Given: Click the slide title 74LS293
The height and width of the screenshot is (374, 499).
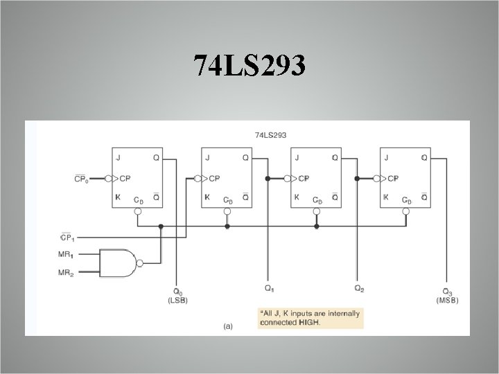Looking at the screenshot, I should pyautogui.click(x=249, y=68).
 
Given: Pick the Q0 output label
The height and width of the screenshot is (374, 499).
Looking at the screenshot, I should pyautogui.click(x=177, y=292).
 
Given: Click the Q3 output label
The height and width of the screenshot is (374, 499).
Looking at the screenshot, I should pyautogui.click(x=446, y=292).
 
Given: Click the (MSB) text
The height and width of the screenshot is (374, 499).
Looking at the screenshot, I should pyautogui.click(x=446, y=300).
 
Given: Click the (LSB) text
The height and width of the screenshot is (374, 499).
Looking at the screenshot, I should pyautogui.click(x=177, y=300).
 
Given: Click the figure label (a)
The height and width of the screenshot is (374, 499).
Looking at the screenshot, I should pyautogui.click(x=227, y=325).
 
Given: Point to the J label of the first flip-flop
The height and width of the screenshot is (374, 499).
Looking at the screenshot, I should pyautogui.click(x=119, y=157).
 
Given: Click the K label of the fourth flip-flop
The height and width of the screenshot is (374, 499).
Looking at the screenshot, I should pyautogui.click(x=386, y=197).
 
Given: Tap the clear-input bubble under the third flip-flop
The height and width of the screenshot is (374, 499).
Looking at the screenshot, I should pyautogui.click(x=317, y=211).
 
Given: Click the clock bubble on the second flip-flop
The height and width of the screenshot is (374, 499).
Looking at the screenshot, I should pyautogui.click(x=198, y=178).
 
